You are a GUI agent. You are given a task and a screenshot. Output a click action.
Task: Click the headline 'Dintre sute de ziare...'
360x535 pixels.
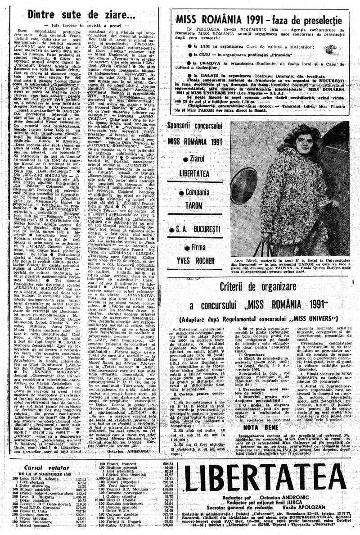(x=82, y=15)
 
